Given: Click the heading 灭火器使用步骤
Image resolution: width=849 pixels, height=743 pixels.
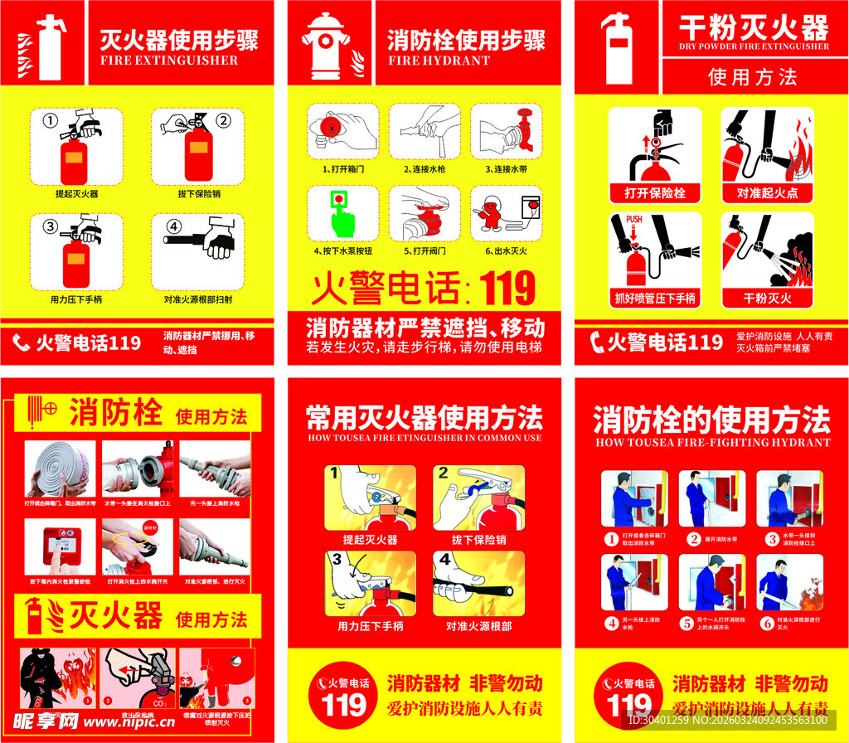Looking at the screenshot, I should (x=179, y=39).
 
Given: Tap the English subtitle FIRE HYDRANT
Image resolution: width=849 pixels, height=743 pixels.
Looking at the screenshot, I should (x=439, y=61).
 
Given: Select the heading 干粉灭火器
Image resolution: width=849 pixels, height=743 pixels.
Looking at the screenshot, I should (x=753, y=27).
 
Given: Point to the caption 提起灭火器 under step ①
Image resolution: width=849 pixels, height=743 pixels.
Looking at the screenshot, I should (x=76, y=193).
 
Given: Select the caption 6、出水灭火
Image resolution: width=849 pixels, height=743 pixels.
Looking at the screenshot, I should (x=507, y=250).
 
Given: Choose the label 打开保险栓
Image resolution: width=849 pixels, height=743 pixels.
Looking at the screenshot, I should (x=654, y=194).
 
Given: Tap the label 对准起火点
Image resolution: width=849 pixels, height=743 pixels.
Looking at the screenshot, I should (x=767, y=194).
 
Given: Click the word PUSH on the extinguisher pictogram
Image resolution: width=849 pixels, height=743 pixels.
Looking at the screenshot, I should (x=634, y=220).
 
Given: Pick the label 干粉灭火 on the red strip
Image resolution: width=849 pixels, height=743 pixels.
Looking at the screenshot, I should (x=767, y=298).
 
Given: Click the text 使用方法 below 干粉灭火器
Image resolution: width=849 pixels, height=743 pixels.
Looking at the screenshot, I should (x=753, y=77).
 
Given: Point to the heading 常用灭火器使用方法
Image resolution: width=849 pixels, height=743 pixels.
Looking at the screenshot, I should (x=424, y=416).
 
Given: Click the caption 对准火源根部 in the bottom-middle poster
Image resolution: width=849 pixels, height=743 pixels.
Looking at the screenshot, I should (x=478, y=626).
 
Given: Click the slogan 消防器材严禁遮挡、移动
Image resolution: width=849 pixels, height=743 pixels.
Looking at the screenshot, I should (x=425, y=326).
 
